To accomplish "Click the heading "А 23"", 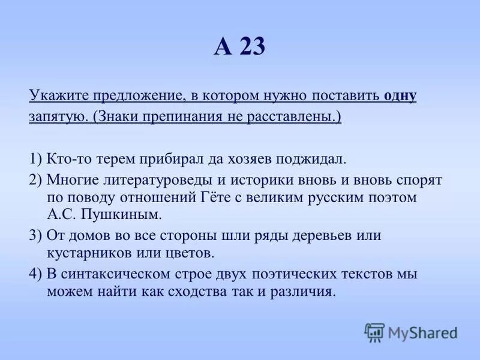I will [x=239, y=47].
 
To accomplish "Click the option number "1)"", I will [x=35, y=158].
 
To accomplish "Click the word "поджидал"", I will [x=310, y=158].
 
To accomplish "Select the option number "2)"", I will [x=35, y=180].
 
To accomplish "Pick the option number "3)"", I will [x=35, y=235].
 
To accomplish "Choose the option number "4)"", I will [x=35, y=274].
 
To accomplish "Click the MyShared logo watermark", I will [x=411, y=332].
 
